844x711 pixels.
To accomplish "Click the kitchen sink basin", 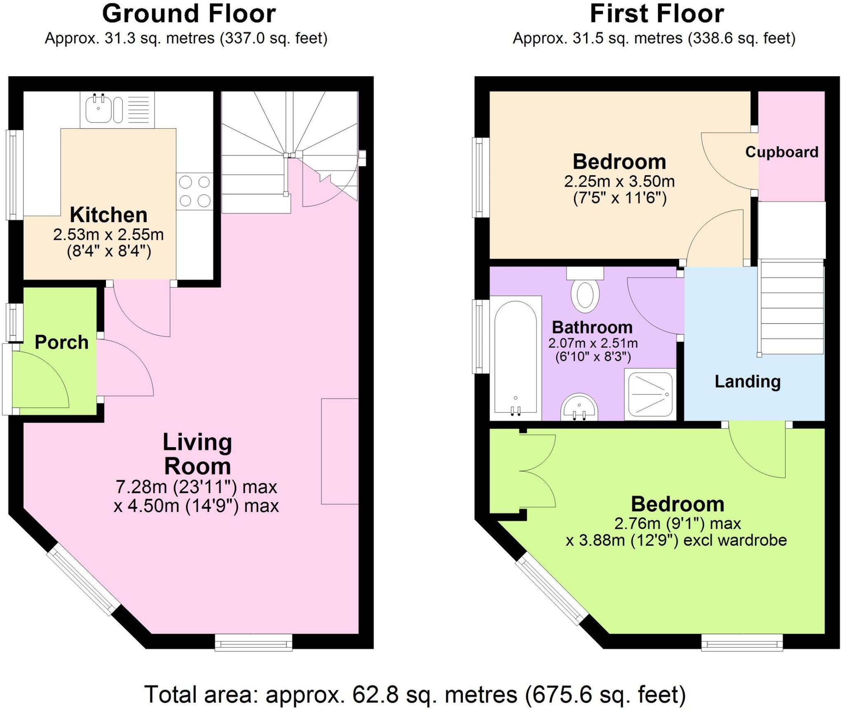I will coord(98,108).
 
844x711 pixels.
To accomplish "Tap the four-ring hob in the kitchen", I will coord(195,191).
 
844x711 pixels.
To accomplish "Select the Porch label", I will coord(61,342).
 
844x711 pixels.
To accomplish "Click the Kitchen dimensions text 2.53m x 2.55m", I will coord(108,235).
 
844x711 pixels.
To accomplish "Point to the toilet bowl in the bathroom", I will coord(585,296).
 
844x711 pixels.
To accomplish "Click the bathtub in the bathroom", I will coord(515,358).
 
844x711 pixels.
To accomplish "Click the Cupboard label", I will coord(781,152).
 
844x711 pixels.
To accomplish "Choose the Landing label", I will coord(747,381).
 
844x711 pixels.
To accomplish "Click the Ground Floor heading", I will coord(189,14).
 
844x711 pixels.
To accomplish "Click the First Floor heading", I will coord(657,14).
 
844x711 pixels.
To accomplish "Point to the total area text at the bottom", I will coord(415,694).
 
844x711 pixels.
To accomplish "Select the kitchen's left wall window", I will coord(14,175).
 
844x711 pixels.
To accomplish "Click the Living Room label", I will coord(197,454).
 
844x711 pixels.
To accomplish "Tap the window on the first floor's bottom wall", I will coord(742,642).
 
